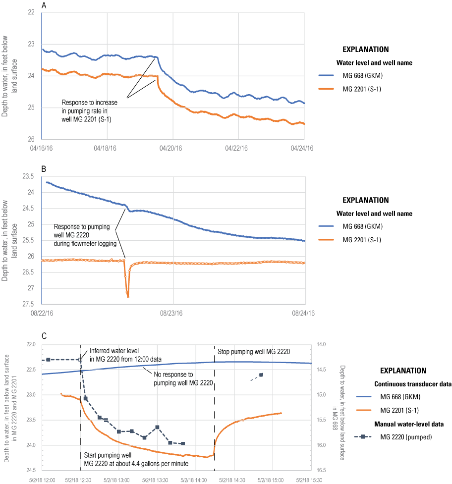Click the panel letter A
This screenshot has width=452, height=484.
44,5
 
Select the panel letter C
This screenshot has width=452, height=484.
44,336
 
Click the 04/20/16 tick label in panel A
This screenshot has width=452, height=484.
173,148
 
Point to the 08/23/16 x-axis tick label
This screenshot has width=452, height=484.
173,313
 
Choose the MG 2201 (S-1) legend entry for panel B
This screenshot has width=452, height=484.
359,240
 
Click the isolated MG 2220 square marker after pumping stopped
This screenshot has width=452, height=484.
261,375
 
